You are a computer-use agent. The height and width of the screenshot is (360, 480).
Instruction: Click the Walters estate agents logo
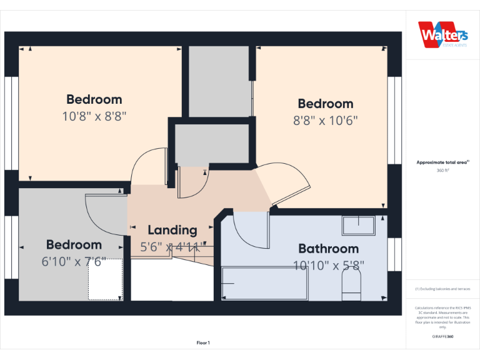click(442, 34)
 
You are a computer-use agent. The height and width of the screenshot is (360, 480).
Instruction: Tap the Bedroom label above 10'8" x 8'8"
click(94, 99)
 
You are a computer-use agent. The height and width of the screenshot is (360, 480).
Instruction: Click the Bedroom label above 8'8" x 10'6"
click(326, 104)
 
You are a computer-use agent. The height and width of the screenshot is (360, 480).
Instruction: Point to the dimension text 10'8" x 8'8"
click(94, 116)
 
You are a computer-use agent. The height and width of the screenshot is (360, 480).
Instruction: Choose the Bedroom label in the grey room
click(74, 245)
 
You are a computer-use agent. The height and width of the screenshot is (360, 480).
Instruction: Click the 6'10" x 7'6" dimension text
click(74, 261)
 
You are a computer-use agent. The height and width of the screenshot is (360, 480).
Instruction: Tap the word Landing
click(172, 230)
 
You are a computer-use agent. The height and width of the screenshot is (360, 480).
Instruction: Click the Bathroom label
click(328, 248)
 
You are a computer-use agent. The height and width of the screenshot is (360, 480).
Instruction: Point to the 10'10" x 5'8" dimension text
click(328, 265)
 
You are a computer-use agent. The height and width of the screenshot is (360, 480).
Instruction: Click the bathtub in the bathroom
click(264, 284)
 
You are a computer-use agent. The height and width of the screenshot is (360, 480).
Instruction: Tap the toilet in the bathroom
click(352, 289)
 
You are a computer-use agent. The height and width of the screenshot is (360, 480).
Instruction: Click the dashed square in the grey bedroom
click(105, 279)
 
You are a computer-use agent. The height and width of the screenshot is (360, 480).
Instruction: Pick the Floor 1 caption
click(203, 342)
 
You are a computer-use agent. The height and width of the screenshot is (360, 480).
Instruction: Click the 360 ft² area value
click(442, 169)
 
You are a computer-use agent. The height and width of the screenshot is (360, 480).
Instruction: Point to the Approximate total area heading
click(442, 162)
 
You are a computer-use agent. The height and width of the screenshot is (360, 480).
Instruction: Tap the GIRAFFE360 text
click(442, 336)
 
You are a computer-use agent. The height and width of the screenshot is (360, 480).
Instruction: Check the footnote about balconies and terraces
click(442, 289)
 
